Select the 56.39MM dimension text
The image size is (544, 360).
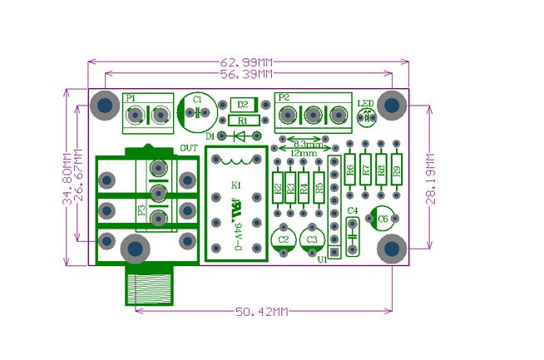click(x=247, y=74)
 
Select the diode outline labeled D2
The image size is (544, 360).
click(x=242, y=105)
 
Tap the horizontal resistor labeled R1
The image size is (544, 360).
click(x=242, y=121)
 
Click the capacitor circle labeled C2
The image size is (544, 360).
click(x=284, y=239)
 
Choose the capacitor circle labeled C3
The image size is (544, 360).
click(x=312, y=239)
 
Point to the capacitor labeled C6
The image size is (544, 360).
click(x=383, y=219)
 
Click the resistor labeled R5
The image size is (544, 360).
click(x=319, y=189)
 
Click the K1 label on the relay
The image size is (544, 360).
click(x=236, y=185)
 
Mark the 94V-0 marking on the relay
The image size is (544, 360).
click(x=236, y=228)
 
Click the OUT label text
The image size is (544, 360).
click(x=188, y=148)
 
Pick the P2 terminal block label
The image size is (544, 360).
click(x=284, y=97)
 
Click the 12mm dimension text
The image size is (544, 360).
click(x=305, y=153)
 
